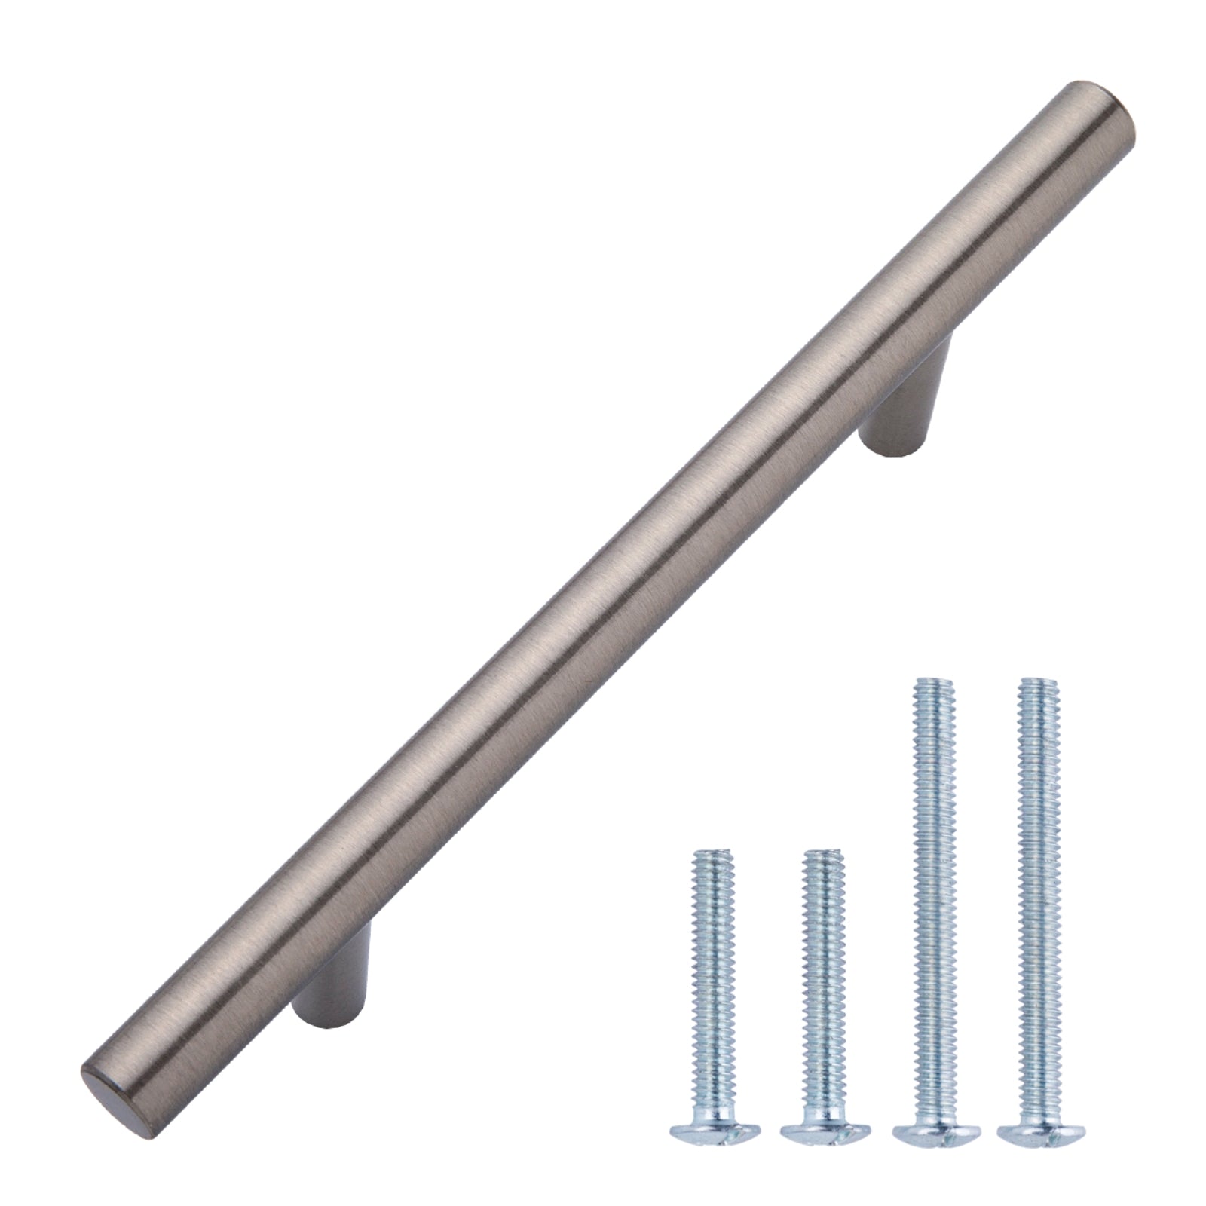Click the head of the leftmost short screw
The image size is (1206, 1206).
(713, 1130)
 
